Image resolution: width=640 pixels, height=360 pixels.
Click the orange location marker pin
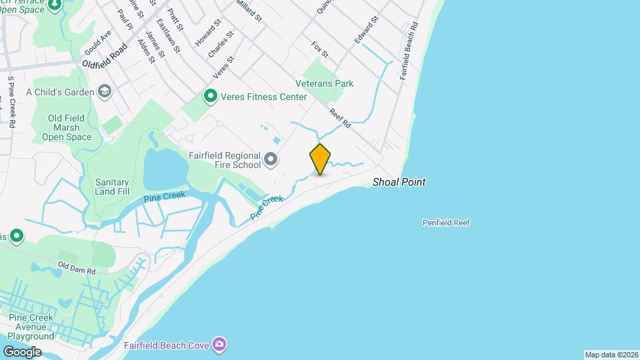[320, 159]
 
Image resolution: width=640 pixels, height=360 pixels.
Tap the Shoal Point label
[399, 182]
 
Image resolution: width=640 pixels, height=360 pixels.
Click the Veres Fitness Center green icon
[211, 97]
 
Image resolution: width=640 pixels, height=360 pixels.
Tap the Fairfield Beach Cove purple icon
[219, 345]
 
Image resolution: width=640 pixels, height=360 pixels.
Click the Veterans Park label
[325, 83]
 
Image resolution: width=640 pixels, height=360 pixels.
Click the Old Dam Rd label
[77, 269]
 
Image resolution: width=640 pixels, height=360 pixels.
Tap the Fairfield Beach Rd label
[408, 51]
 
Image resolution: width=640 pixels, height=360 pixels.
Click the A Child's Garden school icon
[104, 91]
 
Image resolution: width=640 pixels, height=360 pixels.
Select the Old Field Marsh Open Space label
[66, 127]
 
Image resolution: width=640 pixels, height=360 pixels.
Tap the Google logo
[22, 351]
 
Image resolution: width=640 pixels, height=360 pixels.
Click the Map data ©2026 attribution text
[611, 355]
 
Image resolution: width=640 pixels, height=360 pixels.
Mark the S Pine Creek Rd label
[11, 102]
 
